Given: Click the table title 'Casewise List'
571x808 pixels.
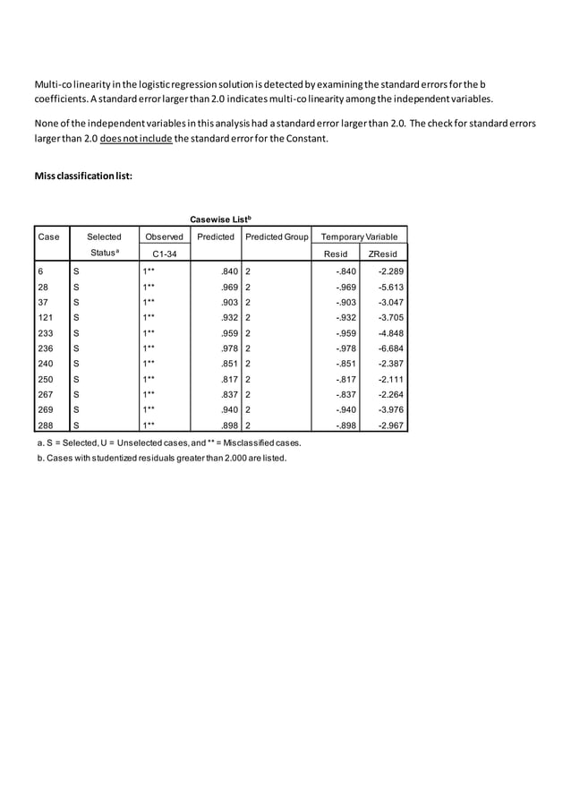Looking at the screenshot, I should (x=220, y=219).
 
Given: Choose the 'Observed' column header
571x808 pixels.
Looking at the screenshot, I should (x=164, y=236).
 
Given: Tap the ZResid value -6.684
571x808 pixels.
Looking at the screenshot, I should (x=388, y=348).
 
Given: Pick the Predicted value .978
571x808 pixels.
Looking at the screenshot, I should (x=227, y=348).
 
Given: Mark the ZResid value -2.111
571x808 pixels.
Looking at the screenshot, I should (x=388, y=379).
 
